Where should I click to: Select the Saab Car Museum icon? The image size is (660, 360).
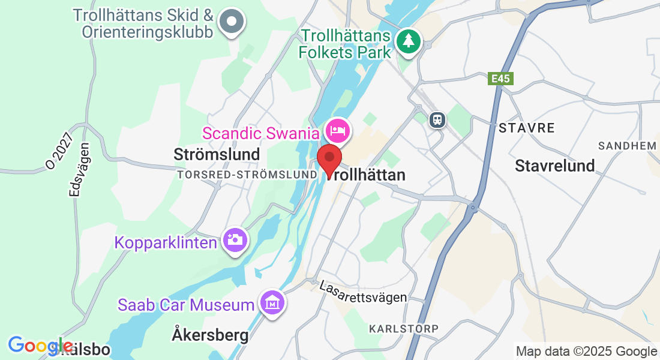click(272, 304)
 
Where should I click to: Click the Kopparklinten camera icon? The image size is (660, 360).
click(235, 241)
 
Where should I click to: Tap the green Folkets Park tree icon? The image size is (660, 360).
click(409, 41)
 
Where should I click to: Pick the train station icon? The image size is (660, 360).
click(437, 119)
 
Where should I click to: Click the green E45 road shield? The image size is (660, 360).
click(497, 79)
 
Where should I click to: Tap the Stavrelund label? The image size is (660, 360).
click(554, 166)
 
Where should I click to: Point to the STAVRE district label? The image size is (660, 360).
click(526, 128)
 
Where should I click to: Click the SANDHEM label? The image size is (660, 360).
click(628, 146)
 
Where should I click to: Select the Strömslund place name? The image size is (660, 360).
click(217, 154)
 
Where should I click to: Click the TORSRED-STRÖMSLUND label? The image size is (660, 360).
click(247, 174)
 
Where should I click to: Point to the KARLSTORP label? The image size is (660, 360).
click(404, 329)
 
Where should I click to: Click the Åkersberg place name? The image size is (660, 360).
click(210, 335)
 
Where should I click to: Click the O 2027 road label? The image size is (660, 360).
click(62, 150)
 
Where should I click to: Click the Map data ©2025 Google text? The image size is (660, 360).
click(586, 352)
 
